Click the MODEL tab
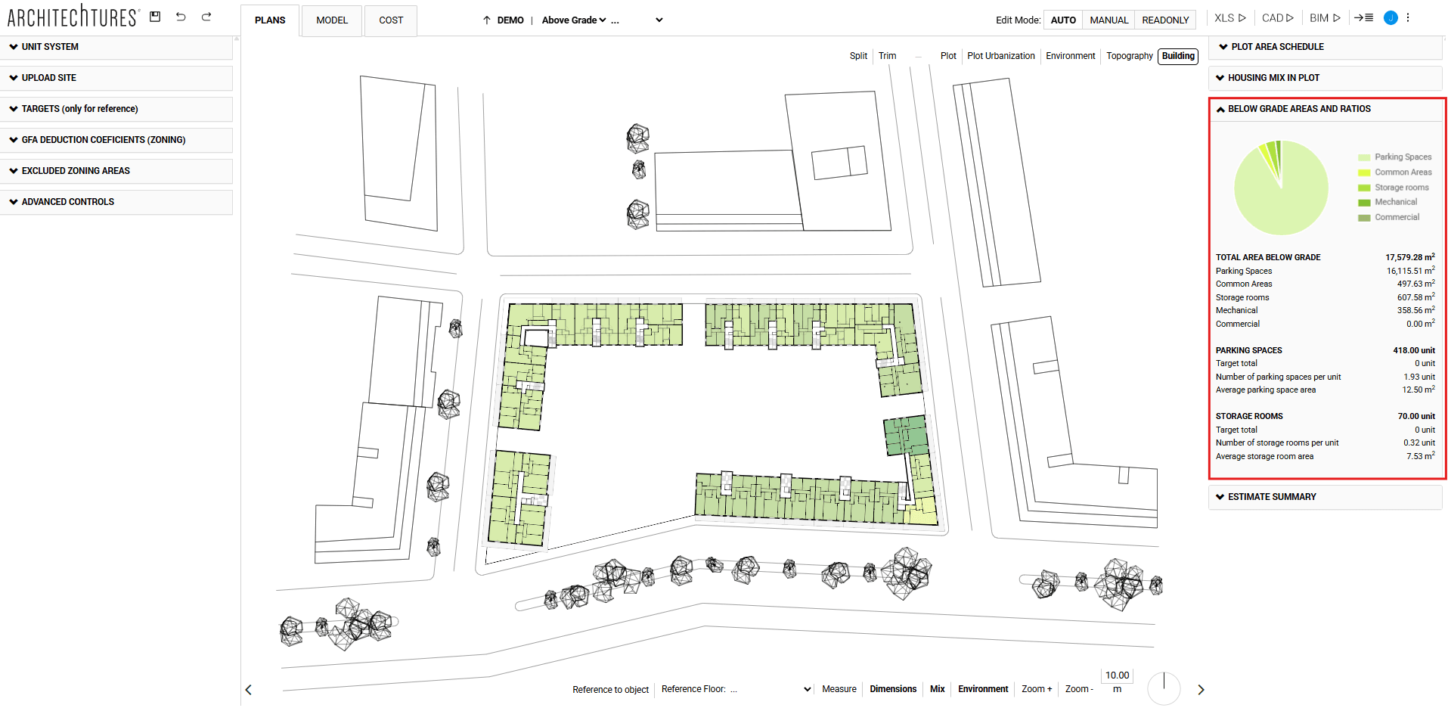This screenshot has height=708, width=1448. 332,20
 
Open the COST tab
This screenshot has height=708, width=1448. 391,20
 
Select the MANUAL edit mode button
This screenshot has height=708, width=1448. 1108,20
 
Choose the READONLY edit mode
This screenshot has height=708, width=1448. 1165,20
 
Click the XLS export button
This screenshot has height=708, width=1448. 1229,18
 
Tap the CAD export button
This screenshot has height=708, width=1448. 1277,18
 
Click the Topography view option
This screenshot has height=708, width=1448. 1129,56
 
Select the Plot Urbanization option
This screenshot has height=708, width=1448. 1000,56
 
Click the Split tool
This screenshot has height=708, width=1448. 858,56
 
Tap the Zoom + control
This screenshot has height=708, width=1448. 1037,689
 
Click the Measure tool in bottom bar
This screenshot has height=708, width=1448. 839,689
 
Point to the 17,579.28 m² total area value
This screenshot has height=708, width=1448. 1409,257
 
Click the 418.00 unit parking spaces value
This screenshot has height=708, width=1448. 1413,350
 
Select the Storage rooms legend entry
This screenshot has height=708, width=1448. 1401,188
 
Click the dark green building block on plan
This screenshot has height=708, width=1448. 906,436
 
